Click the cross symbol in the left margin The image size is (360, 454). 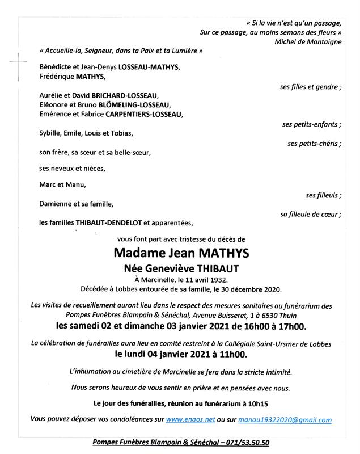[19, 60]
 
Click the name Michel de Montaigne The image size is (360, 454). [308, 41]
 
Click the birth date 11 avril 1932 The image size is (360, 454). [201, 279]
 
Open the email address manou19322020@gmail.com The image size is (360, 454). [285, 420]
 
